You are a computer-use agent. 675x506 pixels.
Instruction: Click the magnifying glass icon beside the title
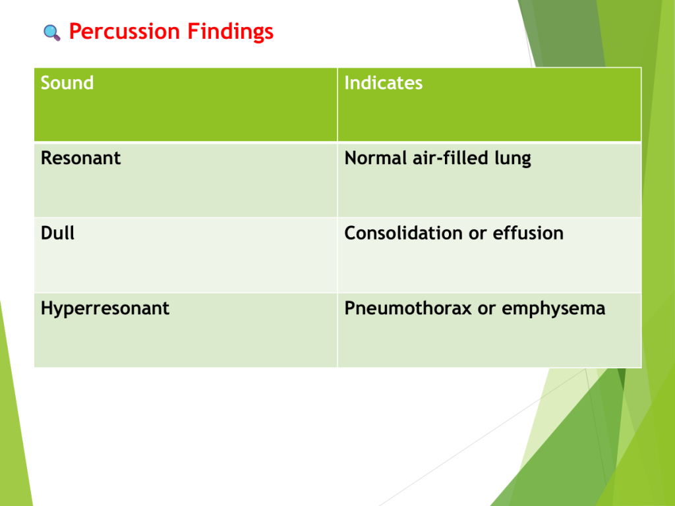51,33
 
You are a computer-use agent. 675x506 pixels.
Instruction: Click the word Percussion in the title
125,32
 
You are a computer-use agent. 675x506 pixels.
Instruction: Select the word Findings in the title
230,32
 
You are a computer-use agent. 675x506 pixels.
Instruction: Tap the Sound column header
67,82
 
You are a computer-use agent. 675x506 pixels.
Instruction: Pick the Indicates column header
383,82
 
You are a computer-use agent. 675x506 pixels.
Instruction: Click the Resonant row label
80,158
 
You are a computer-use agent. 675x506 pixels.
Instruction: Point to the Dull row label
58,233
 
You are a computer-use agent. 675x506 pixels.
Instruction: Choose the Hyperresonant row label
105,309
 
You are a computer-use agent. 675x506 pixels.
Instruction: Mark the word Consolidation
403,233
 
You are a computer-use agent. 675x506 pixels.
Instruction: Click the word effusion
528,233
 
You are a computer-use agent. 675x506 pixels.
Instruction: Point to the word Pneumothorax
408,308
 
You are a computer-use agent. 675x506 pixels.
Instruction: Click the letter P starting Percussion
76,32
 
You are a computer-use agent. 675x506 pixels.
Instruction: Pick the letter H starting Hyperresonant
47,308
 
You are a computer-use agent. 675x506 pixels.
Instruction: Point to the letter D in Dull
47,233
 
